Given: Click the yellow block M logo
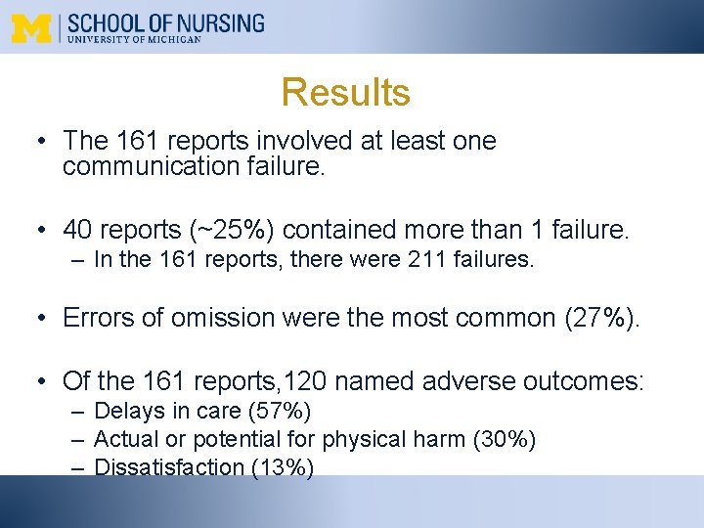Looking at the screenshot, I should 33,27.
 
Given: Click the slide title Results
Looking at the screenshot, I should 345,92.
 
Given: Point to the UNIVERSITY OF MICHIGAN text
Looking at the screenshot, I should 135,40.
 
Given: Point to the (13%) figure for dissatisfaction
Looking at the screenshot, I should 283,467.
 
